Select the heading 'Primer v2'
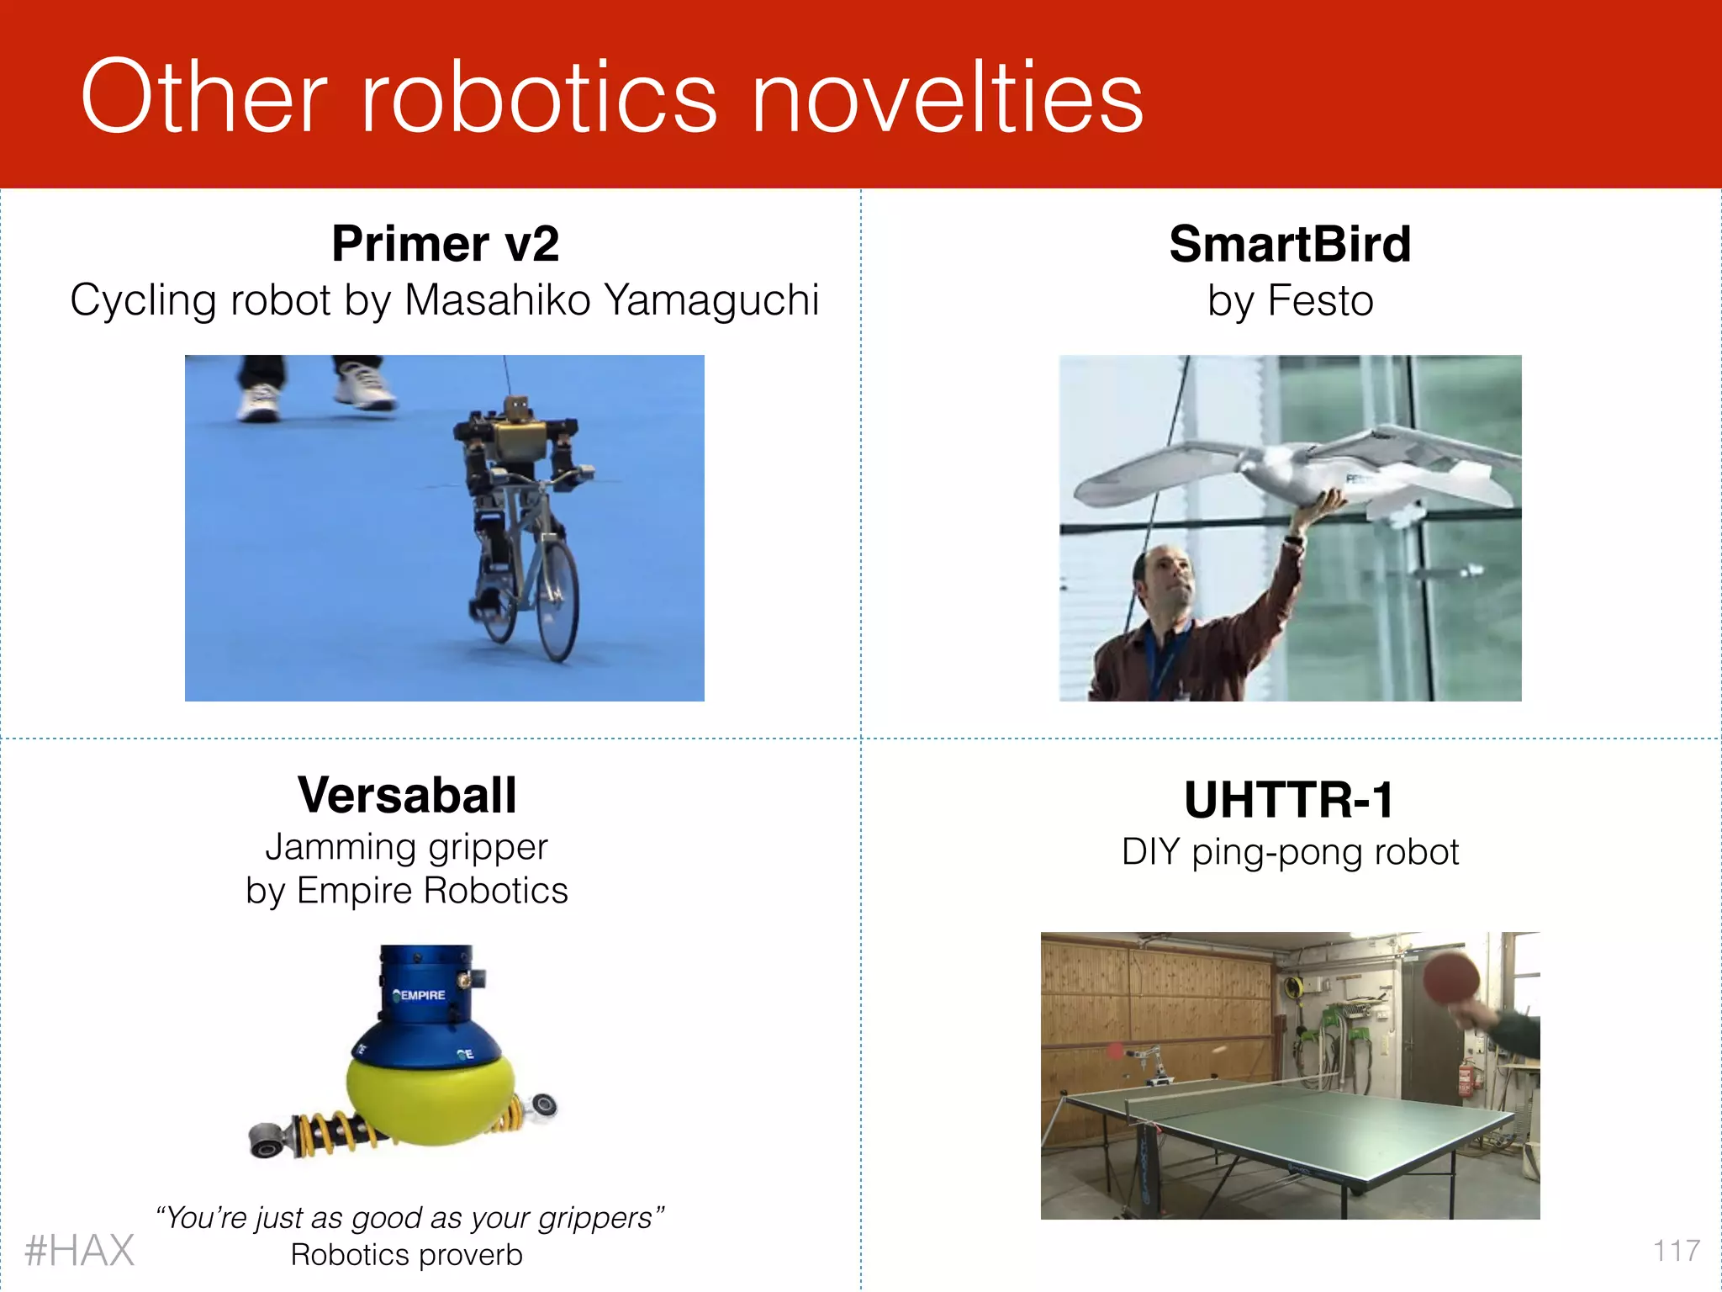445,244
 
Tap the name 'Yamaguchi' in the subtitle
711,300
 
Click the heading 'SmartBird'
1290,244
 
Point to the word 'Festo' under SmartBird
1320,301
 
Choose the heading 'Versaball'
407,795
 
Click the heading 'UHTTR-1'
1289,799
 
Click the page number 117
1676,1251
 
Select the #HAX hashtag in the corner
80,1251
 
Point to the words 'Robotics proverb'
407,1255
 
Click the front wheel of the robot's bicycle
557,601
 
